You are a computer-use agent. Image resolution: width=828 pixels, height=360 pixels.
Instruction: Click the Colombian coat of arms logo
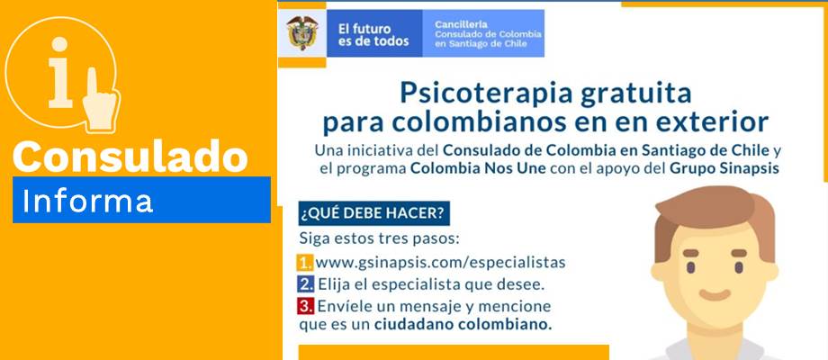pyautogui.click(x=302, y=32)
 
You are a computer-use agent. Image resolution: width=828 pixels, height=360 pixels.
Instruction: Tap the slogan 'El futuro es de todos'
pyautogui.click(x=373, y=35)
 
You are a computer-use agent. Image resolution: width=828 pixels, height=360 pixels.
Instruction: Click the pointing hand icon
pyautogui.click(x=100, y=99)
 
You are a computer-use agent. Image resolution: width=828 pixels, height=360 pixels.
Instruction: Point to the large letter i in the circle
pyautogui.click(x=59, y=73)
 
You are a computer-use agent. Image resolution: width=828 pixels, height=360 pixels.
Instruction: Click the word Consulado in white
pyautogui.click(x=130, y=156)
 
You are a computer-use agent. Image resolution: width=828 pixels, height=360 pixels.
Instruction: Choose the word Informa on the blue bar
pyautogui.click(x=87, y=200)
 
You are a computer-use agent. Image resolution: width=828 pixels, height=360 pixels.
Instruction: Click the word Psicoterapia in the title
pyautogui.click(x=486, y=94)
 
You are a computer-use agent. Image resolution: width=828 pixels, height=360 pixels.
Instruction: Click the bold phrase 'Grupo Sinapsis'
pyautogui.click(x=724, y=170)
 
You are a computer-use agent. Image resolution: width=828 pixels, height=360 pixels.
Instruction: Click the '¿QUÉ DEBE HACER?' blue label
pyautogui.click(x=373, y=213)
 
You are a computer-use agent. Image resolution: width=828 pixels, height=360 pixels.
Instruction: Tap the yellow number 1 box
pyautogui.click(x=305, y=262)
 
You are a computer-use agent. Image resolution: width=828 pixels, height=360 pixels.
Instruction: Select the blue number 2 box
pyautogui.click(x=305, y=284)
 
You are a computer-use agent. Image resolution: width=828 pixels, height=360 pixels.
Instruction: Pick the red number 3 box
pyautogui.click(x=305, y=306)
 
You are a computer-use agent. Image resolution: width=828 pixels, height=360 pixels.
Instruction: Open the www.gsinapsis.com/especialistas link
pyautogui.click(x=440, y=263)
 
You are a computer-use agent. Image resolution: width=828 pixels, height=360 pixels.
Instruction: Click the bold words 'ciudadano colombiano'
pyautogui.click(x=463, y=325)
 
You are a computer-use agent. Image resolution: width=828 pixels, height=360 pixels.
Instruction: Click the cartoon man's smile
pyautogui.click(x=715, y=295)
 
